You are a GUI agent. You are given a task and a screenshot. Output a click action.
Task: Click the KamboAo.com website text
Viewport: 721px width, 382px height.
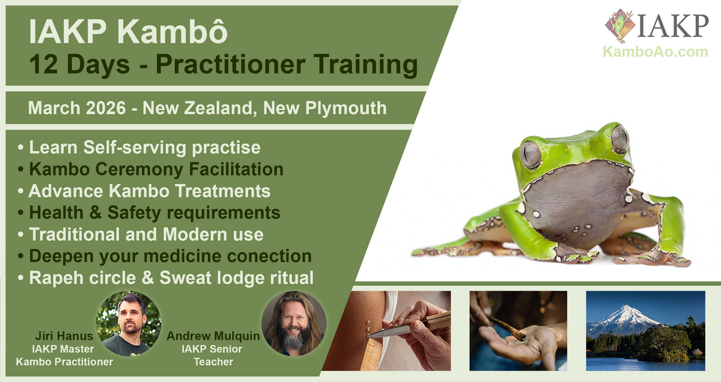coord(655,52)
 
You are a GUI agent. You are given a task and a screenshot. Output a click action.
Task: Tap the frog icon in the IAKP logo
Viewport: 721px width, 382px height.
coord(619,26)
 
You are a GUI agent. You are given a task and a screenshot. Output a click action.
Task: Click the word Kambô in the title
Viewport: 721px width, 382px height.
coord(172,31)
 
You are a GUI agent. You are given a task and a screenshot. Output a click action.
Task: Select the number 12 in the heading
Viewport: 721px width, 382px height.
coord(44,64)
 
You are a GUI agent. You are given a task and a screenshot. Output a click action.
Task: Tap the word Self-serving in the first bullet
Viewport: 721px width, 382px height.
coord(135,147)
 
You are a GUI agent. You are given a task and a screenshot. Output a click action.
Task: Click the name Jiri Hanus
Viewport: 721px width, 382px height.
coord(64,336)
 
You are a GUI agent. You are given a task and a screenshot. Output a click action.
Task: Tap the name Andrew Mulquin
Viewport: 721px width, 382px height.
coord(213,336)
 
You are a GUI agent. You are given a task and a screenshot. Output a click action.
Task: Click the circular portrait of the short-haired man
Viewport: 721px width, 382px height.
coord(129,324)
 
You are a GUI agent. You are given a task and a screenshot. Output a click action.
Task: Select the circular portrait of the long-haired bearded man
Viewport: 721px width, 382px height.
coord(294,324)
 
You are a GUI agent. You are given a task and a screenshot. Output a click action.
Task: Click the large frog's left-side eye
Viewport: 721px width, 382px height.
coord(529,154)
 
